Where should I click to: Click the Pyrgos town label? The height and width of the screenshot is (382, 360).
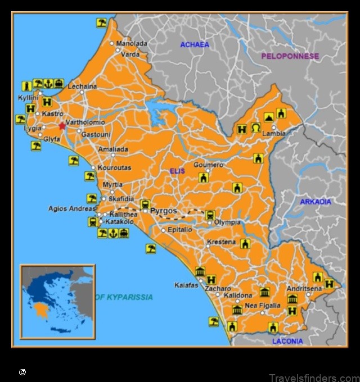tap(164, 211)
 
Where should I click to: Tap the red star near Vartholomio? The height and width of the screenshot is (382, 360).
tap(62, 125)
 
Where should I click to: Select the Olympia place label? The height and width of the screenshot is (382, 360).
tap(227, 222)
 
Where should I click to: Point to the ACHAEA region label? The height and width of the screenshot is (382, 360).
tap(195, 44)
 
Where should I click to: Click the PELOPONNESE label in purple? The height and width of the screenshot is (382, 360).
tap(290, 56)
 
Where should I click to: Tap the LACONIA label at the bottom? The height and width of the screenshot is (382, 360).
tap(287, 341)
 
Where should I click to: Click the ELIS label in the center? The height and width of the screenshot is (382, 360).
tap(177, 171)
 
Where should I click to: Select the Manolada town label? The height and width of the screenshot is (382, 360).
tap(132, 43)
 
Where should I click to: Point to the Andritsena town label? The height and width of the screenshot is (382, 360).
tap(304, 288)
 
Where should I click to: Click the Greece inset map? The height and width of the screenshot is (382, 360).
tap(57, 302)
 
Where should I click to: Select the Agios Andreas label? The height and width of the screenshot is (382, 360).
tap(71, 209)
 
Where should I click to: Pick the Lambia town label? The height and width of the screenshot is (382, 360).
tap(274, 134)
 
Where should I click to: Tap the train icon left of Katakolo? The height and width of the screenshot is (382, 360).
tap(92, 222)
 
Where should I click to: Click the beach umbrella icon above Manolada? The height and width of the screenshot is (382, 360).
tap(101, 23)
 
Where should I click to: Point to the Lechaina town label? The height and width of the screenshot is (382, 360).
tap(82, 87)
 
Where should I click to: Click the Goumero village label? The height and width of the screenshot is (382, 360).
tap(208, 165)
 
